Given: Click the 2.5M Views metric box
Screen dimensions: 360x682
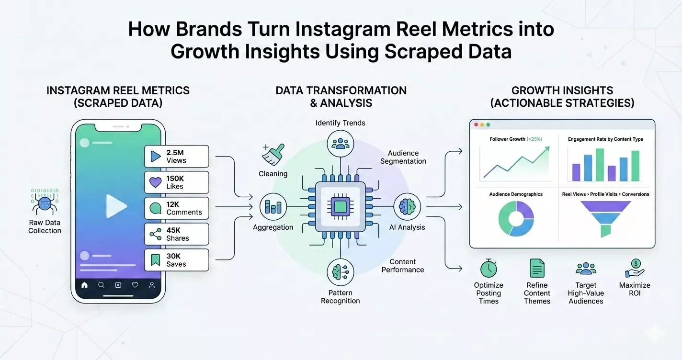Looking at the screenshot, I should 176,157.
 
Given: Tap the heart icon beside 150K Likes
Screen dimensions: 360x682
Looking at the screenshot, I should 156,182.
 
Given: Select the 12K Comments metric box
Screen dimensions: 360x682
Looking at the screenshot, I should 176,208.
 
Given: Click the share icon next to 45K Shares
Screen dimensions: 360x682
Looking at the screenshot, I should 156,234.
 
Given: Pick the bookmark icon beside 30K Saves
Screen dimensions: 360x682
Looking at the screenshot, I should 156,260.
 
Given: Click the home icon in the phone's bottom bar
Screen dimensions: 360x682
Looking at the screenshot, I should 85,285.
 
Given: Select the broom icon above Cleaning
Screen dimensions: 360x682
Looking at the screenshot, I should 273,155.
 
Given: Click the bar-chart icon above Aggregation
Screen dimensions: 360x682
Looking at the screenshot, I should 273,207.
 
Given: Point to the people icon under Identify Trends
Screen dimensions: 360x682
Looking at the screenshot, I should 341,143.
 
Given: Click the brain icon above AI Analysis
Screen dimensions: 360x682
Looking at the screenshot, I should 407,207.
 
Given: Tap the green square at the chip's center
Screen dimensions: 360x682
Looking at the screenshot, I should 340,207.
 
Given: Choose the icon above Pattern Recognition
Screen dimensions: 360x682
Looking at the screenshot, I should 341,271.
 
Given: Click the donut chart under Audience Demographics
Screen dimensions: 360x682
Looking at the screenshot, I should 516,218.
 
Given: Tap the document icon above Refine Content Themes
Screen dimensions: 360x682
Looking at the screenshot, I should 537,268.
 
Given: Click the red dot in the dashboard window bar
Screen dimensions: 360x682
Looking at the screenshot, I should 476,124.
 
